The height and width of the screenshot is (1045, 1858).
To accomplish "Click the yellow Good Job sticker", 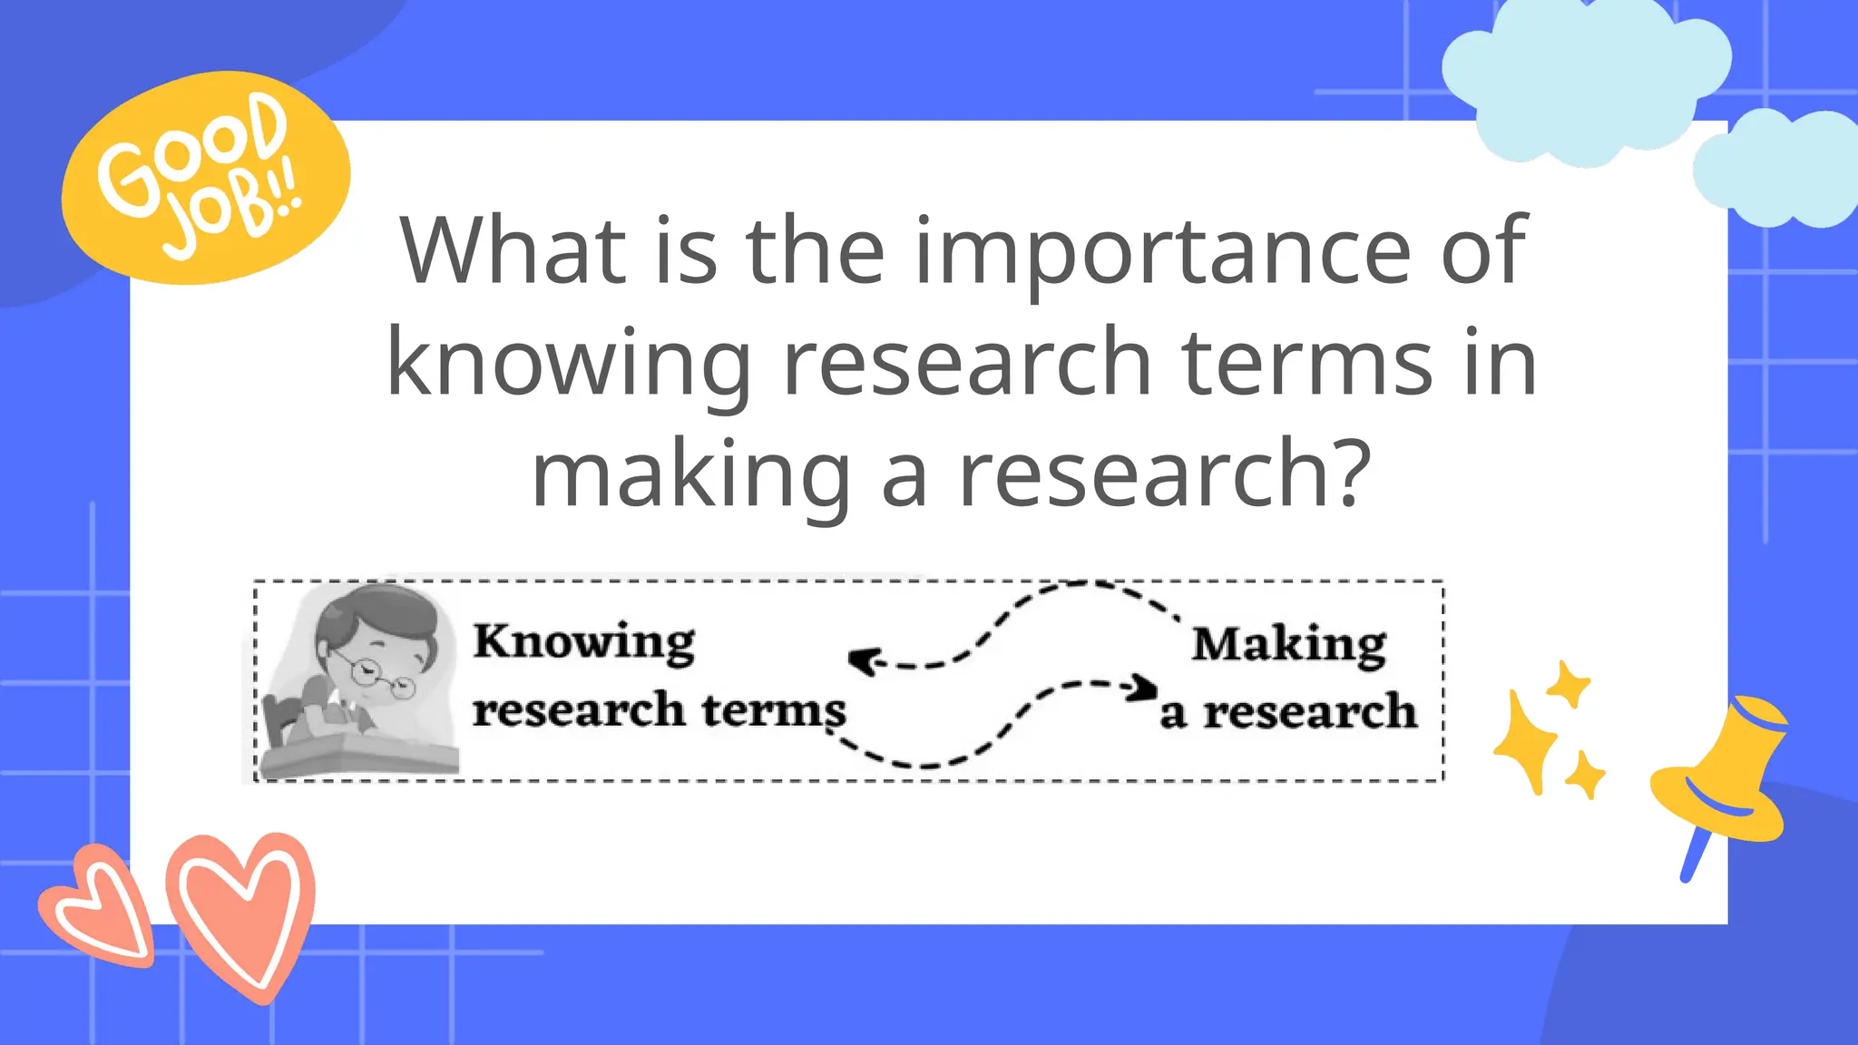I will pos(205,178).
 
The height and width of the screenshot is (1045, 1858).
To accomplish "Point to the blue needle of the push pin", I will pos(1693,857).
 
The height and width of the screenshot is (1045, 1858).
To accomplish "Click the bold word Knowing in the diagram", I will pos(583,642).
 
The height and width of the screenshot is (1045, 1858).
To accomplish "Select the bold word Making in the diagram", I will pos(1288,645).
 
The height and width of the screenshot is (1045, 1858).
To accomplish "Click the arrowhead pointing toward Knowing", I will pos(860,659).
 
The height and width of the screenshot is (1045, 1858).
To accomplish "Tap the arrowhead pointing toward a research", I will pos(1146,689).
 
